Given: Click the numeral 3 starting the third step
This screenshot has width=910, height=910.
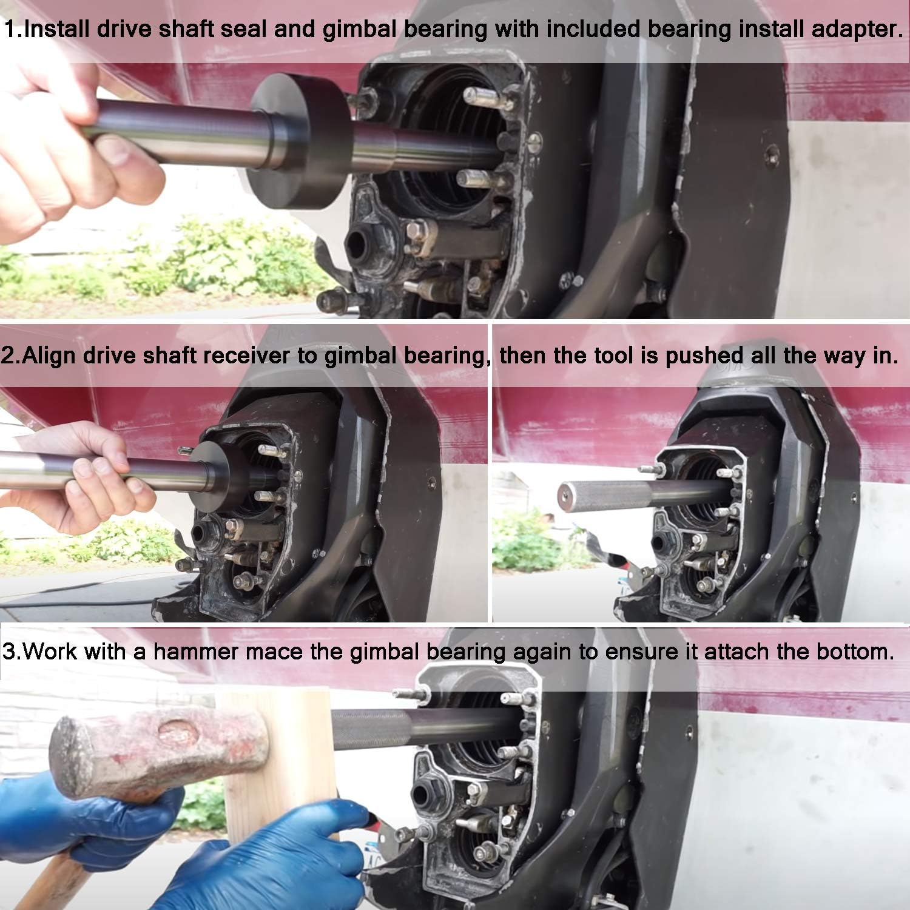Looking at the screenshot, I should (8, 652).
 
